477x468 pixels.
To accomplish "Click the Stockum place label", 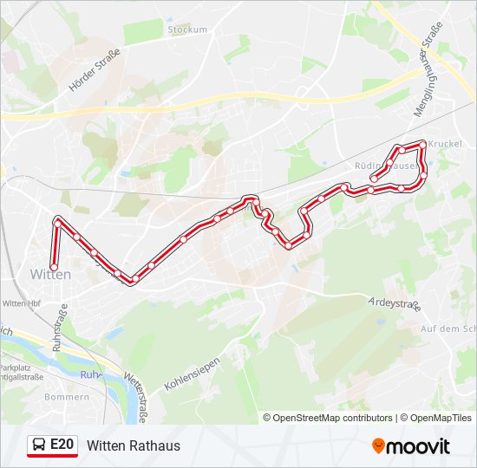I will coord(188,29).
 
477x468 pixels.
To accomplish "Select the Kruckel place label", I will coord(445,143).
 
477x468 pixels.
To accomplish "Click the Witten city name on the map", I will coord(50,274).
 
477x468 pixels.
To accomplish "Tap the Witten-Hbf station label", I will coord(24,303).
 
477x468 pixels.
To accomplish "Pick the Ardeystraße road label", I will coord(393,304).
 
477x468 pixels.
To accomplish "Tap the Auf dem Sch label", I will coord(448,329).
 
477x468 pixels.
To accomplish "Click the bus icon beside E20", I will coord(38,445).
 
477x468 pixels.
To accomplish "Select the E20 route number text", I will coord(62,445).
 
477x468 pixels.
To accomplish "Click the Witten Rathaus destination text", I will coord(134,445).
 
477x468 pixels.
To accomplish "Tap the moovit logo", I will coord(411,446).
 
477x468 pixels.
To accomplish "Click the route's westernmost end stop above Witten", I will coord(54,266).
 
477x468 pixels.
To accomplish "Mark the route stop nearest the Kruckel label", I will coord(423,144).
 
